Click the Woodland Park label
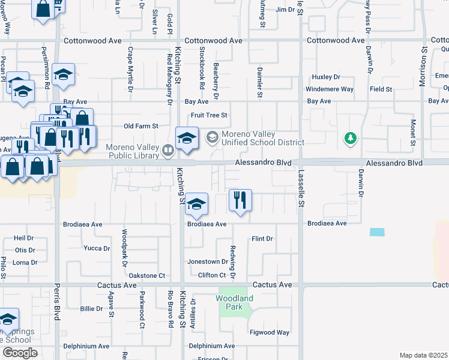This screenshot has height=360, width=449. pyautogui.click(x=234, y=302)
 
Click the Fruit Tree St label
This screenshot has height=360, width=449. pyautogui.click(x=209, y=115)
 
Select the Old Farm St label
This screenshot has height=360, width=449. pyautogui.click(x=140, y=127)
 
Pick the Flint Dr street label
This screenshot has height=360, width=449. pyautogui.click(x=262, y=239)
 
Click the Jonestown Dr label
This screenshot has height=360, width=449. pyautogui.click(x=208, y=262)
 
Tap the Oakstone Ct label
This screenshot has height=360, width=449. pyautogui.click(x=147, y=276)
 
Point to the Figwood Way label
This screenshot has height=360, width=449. pyautogui.click(x=270, y=332)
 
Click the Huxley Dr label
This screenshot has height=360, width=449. pyautogui.click(x=326, y=77)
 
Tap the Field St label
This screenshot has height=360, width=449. pyautogui.click(x=381, y=89)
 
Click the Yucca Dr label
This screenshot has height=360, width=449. pyautogui.click(x=97, y=248)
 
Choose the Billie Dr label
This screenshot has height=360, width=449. pyautogui.click(x=92, y=308)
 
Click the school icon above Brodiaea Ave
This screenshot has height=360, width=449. pyautogui.click(x=196, y=204)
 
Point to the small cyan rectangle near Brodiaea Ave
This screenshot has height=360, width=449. pyautogui.click(x=378, y=232)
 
